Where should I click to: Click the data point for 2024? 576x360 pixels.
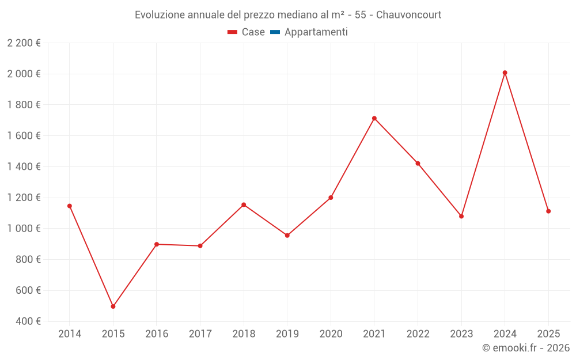(505, 73)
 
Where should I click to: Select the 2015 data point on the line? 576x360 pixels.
(113, 306)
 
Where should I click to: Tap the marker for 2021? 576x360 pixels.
(374, 119)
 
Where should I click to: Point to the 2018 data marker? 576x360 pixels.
(244, 205)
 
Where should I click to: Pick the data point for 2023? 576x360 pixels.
(461, 216)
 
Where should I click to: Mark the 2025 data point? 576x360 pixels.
(548, 211)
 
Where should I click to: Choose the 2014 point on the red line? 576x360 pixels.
(70, 206)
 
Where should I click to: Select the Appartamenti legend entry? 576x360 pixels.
(316, 32)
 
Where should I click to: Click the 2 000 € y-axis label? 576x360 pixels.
(24, 74)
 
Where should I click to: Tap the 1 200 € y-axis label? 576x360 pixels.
(24, 198)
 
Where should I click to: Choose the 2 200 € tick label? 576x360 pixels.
(24, 43)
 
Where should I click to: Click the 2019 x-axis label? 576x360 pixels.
(287, 334)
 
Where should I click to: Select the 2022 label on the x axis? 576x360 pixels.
(418, 334)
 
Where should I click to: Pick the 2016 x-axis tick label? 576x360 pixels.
(157, 334)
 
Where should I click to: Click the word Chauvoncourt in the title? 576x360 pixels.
(408, 15)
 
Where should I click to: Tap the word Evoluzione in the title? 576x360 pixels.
(160, 15)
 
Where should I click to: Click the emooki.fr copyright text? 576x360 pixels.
(526, 348)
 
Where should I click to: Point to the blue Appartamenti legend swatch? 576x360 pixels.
(275, 32)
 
